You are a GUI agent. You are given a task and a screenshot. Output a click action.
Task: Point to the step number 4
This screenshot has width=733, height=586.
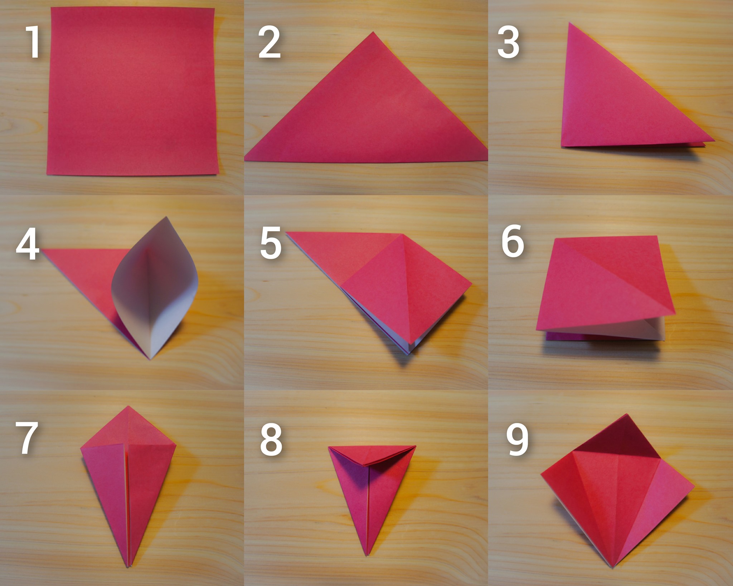(28, 244)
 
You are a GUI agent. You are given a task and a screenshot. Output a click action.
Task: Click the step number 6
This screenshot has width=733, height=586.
(513, 241)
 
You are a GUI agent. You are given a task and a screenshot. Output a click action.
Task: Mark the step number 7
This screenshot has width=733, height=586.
(27, 438)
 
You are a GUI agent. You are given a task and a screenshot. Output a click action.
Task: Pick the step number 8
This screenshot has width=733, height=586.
(271, 440)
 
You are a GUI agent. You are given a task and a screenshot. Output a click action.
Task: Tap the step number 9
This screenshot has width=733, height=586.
(517, 440)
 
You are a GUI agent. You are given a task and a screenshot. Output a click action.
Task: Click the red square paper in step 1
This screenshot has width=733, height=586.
(133, 91)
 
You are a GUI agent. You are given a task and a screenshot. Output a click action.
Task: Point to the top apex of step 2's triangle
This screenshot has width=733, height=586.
(373, 32)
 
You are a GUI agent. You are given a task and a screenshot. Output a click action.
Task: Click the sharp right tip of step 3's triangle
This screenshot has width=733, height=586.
(714, 141)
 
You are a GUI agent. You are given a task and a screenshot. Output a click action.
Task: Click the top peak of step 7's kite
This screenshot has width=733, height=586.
(128, 406)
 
